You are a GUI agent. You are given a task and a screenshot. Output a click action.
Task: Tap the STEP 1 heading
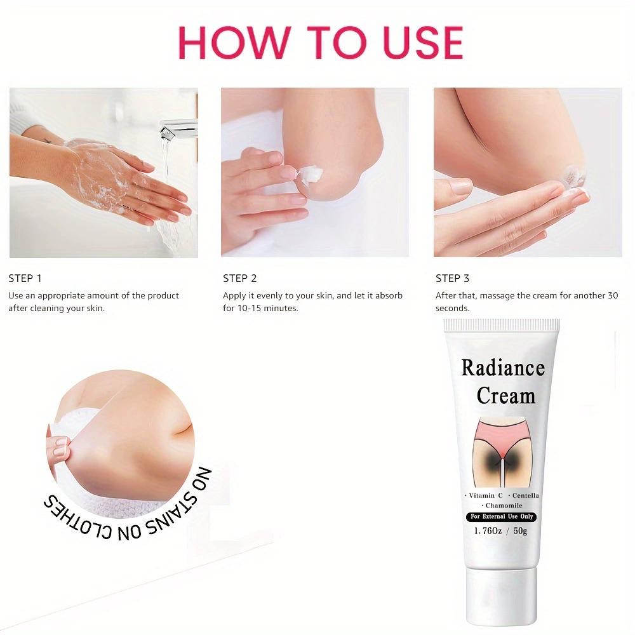(x=25, y=278)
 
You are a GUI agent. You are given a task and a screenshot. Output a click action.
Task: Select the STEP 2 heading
(x=239, y=278)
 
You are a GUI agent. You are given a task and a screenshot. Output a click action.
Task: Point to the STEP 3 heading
(x=452, y=278)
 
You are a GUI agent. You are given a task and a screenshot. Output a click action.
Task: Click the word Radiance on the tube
(x=502, y=368)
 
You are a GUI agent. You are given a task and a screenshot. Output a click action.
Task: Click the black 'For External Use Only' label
(x=501, y=517)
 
